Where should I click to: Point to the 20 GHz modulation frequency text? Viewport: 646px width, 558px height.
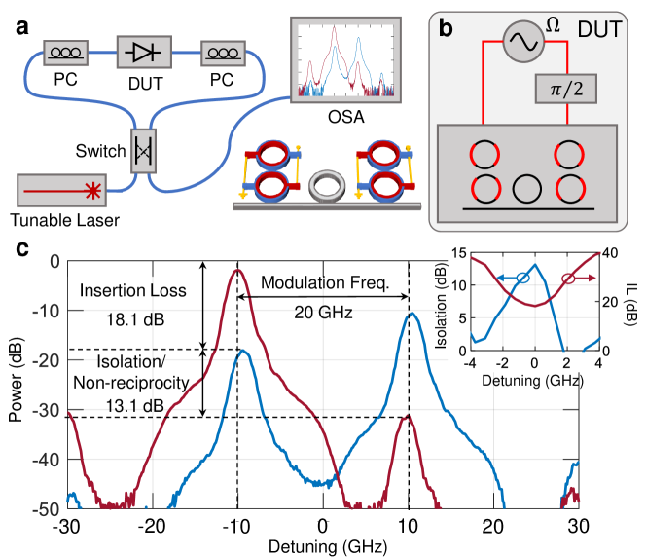click(x=322, y=313)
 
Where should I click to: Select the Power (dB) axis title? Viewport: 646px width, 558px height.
click(x=17, y=385)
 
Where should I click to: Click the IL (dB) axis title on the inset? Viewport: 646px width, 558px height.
click(x=632, y=302)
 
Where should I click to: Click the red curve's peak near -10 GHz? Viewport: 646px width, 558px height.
click(x=236, y=271)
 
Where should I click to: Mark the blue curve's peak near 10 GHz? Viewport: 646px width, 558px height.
click(x=413, y=314)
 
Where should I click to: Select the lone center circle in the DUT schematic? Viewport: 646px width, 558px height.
click(x=527, y=187)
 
